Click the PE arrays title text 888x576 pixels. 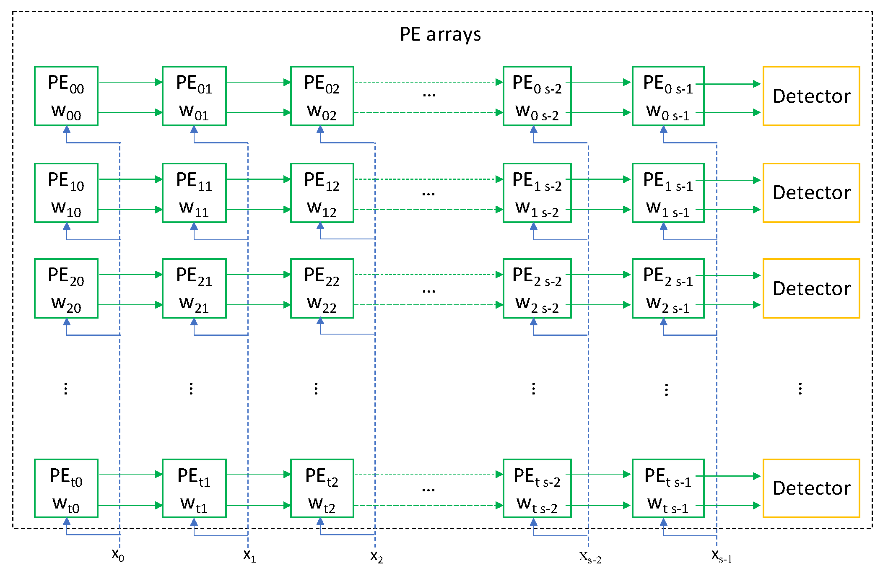click(440, 34)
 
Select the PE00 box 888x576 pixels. click(66, 96)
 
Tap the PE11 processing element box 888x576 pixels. click(194, 193)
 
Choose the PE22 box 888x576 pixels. click(322, 288)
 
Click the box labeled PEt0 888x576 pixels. click(66, 488)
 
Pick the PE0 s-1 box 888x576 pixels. click(668, 96)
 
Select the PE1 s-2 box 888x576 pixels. click(537, 193)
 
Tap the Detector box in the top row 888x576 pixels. click(811, 96)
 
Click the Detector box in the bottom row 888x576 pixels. click(811, 488)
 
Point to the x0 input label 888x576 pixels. click(118, 555)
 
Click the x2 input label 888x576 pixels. click(376, 556)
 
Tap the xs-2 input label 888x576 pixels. click(590, 557)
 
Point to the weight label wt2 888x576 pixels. click(322, 504)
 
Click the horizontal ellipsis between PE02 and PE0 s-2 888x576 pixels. click(429, 95)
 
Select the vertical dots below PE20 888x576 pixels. click(66, 389)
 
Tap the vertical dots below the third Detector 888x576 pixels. click(800, 389)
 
